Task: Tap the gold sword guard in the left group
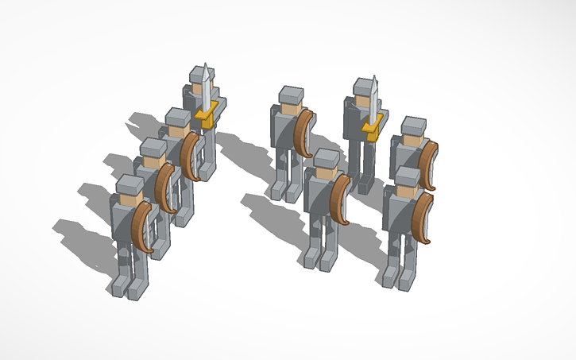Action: point(206,118)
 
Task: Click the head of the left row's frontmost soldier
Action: point(130,188)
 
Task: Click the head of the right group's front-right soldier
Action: point(408,180)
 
